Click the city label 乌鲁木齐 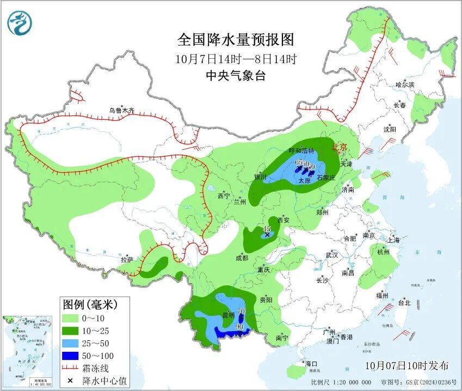[121, 110]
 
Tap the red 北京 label [338, 146]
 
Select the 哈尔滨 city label [405, 84]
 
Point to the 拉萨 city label [127, 260]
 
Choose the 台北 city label [404, 303]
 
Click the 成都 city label [242, 258]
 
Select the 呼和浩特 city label [301, 151]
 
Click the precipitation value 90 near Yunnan [239, 327]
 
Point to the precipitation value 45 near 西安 [267, 229]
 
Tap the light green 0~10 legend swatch [70, 318]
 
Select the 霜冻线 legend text [95, 368]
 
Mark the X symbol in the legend [70, 380]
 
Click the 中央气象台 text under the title [235, 76]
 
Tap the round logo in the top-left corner [20, 23]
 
